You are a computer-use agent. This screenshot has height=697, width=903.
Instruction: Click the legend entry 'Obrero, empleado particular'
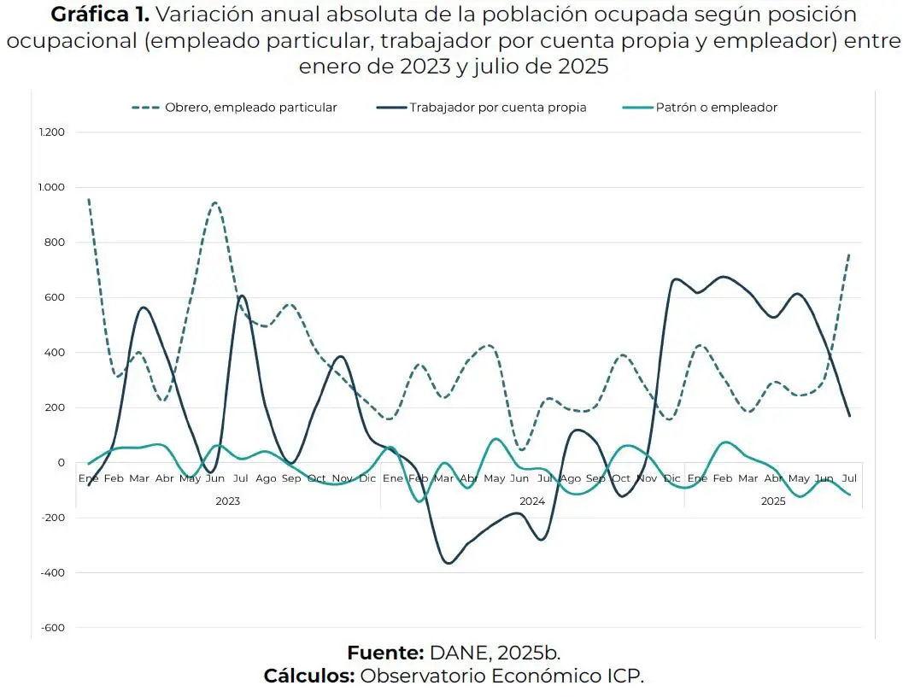pyautogui.click(x=250, y=108)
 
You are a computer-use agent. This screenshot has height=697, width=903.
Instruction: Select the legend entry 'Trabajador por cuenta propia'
pyautogui.click(x=497, y=108)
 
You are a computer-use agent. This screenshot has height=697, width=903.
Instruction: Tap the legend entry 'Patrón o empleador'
pyautogui.click(x=717, y=108)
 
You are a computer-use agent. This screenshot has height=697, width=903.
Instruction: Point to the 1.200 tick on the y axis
pyautogui.click(x=52, y=132)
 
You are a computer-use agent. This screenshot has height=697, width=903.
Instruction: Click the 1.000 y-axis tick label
pyautogui.click(x=52, y=188)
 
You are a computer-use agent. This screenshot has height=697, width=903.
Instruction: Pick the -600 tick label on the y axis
pyautogui.click(x=53, y=628)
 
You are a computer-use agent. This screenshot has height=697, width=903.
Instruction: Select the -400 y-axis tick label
pyautogui.click(x=53, y=573)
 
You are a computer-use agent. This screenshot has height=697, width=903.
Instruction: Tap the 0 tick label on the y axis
pyautogui.click(x=61, y=463)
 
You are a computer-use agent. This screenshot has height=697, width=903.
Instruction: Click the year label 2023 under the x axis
pyautogui.click(x=227, y=501)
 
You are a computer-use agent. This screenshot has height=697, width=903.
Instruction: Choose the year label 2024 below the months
pyautogui.click(x=531, y=501)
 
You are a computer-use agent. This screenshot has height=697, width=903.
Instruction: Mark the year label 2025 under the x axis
pyautogui.click(x=773, y=501)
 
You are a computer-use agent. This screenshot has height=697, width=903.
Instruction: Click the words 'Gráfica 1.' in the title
pyautogui.click(x=101, y=15)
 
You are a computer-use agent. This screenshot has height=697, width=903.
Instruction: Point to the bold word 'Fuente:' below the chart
pyautogui.click(x=385, y=653)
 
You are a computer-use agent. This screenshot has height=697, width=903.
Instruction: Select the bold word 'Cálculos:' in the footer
pyautogui.click(x=308, y=676)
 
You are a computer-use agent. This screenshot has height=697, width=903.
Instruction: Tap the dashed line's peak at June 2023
pyautogui.click(x=214, y=202)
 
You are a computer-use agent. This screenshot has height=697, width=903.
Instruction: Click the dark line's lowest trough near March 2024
pyautogui.click(x=448, y=563)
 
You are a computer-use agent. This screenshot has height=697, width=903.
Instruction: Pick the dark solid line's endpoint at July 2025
pyautogui.click(x=850, y=416)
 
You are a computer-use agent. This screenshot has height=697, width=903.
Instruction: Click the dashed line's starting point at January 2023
pyautogui.click(x=89, y=199)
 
